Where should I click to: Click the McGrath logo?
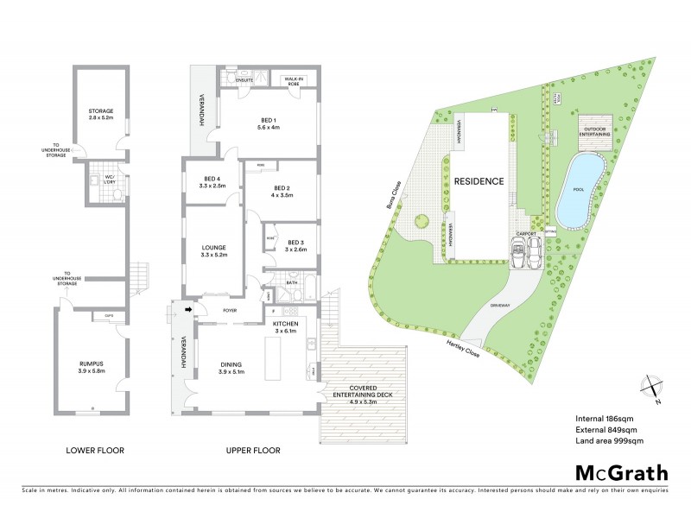(621, 472)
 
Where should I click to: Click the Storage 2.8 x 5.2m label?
(100, 114)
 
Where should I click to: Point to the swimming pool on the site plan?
(575, 188)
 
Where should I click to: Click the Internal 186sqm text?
(606, 419)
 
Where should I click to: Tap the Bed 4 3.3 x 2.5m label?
(212, 181)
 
